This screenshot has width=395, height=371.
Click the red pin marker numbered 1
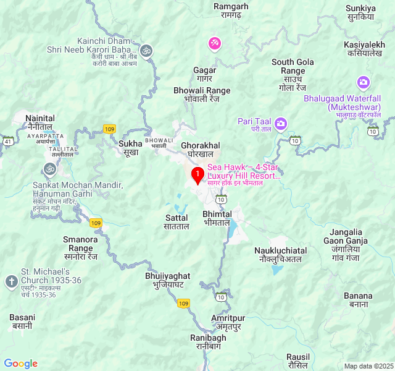pos(197,176)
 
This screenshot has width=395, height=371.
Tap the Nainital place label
pos(40,122)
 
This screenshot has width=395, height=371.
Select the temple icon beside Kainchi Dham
pos(146,50)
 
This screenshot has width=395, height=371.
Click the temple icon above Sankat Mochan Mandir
pos(49,168)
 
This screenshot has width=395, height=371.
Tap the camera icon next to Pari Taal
pos(281,124)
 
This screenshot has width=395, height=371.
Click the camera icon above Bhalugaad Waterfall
pos(363,82)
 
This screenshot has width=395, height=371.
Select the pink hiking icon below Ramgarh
pos(214,43)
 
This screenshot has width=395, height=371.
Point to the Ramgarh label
pos(230,11)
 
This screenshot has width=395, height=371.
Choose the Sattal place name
pos(177,222)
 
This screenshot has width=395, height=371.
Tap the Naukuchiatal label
pos(280,254)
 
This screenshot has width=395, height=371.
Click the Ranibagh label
pos(207,342)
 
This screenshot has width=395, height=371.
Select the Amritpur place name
pos(228,322)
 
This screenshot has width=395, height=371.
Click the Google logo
pos(21,364)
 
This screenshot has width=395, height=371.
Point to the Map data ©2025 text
pos(368,366)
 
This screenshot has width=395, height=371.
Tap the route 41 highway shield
pos(7,141)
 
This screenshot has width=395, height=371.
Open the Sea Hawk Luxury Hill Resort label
pos(243,172)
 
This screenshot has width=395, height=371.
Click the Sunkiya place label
pos(361,12)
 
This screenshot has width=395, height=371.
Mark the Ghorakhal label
pos(201,149)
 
